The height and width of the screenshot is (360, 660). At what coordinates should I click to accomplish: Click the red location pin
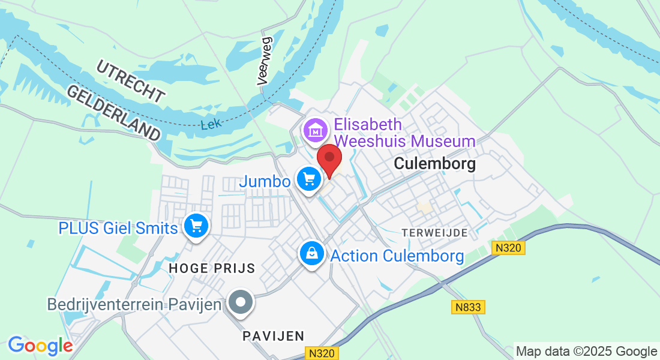tap(329, 158)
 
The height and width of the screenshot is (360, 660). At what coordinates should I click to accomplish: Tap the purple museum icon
tap(315, 130)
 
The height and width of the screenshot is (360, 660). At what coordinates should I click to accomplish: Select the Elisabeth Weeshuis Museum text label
tap(405, 133)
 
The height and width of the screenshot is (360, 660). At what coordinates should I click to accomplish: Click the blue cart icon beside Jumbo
tap(309, 179)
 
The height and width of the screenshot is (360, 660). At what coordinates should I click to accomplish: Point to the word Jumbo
tap(265, 181)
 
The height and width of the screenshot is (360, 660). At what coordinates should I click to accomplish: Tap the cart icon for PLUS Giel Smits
tap(196, 226)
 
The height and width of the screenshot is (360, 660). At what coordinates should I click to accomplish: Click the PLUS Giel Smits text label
tap(118, 228)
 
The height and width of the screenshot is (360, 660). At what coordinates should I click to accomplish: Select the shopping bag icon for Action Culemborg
tap(312, 253)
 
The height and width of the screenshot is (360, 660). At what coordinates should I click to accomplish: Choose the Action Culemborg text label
tap(397, 256)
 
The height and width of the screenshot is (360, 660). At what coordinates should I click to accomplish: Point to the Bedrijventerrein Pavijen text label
tap(135, 304)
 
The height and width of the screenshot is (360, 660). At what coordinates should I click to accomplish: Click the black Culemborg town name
tap(434, 164)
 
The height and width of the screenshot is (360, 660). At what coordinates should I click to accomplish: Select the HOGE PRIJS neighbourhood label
tap(212, 269)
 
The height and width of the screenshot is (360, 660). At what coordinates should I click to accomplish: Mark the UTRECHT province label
tap(130, 81)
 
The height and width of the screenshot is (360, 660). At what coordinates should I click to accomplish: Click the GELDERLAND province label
tap(114, 112)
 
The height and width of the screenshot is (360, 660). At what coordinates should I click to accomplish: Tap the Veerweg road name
tap(265, 60)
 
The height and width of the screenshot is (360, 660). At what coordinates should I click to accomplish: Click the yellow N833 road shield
tap(468, 307)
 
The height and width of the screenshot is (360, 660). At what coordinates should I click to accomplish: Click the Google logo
tap(40, 346)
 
